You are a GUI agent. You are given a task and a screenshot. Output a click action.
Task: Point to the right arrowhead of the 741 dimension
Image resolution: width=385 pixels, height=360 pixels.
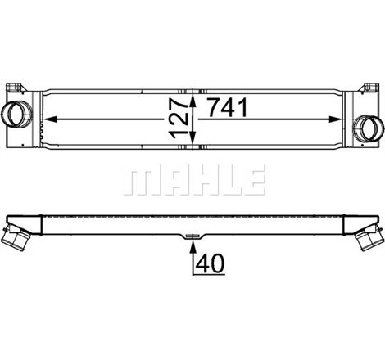345,119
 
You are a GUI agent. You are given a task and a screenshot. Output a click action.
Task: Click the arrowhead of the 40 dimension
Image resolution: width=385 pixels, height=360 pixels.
192,242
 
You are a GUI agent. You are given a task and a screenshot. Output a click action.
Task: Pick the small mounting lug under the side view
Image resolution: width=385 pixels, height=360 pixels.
192,237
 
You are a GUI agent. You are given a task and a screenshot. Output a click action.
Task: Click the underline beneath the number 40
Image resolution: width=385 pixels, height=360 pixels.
209,275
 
